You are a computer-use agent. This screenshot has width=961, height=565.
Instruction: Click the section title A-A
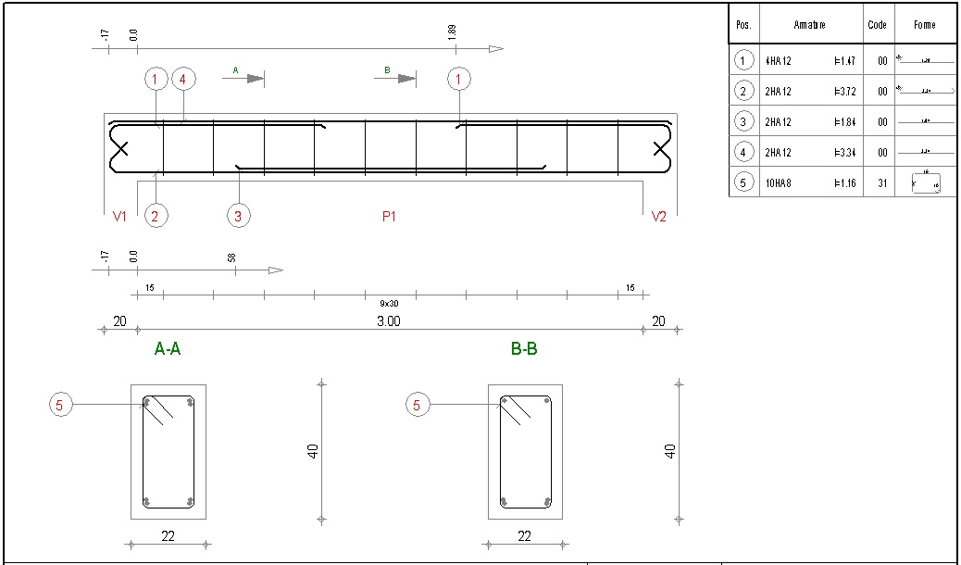[168, 350]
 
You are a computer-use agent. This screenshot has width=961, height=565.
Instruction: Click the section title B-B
[524, 350]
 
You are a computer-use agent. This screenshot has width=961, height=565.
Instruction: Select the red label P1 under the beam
[390, 217]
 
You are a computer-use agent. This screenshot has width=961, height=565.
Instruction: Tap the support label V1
[119, 217]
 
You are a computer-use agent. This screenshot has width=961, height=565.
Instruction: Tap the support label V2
[658, 217]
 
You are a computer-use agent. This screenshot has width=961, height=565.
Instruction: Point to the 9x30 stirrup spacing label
[389, 303]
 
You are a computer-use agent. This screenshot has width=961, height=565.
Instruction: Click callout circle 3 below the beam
[239, 216]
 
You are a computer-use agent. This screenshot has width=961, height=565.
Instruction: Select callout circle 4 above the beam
[182, 80]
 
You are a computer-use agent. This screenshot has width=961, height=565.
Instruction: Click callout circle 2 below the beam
[155, 216]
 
